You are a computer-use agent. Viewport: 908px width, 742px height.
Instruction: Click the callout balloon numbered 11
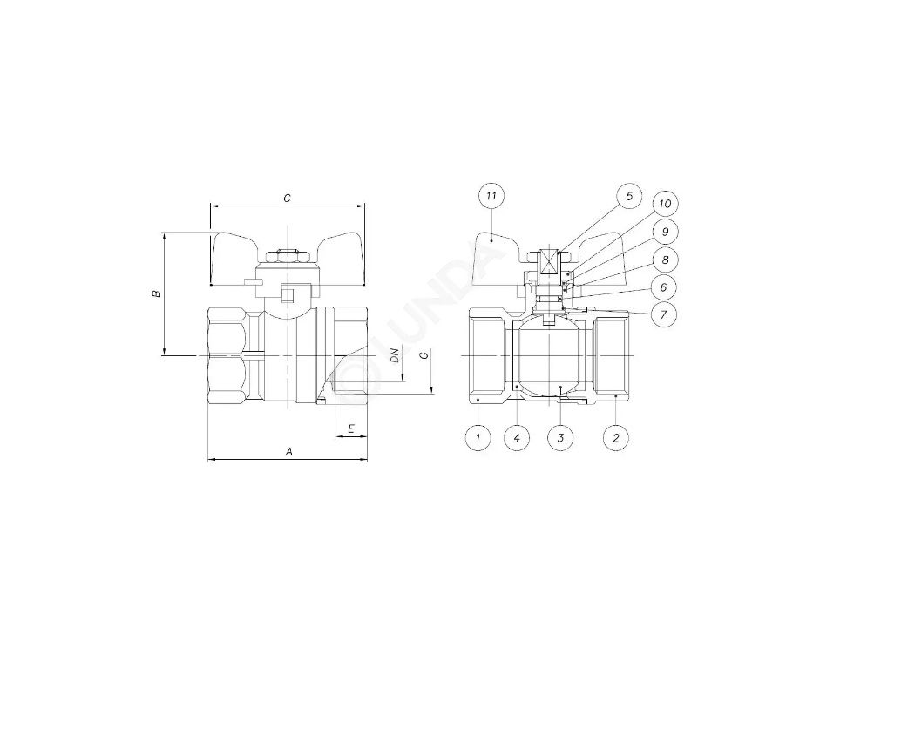click(x=491, y=196)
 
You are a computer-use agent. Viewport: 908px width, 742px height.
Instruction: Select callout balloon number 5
click(x=629, y=196)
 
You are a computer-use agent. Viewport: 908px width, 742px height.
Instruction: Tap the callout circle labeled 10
click(x=665, y=204)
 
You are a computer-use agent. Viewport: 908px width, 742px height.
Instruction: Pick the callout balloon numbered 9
click(x=665, y=232)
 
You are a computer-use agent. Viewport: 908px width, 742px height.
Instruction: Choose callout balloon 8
click(x=665, y=260)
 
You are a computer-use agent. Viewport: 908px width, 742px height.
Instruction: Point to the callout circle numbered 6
click(x=664, y=287)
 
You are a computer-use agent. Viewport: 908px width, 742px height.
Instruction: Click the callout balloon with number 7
click(x=664, y=315)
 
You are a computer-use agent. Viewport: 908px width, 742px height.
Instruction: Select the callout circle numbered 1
click(x=478, y=437)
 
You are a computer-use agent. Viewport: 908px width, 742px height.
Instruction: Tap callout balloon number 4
click(x=517, y=437)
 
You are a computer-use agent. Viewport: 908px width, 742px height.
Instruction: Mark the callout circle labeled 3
click(x=560, y=437)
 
